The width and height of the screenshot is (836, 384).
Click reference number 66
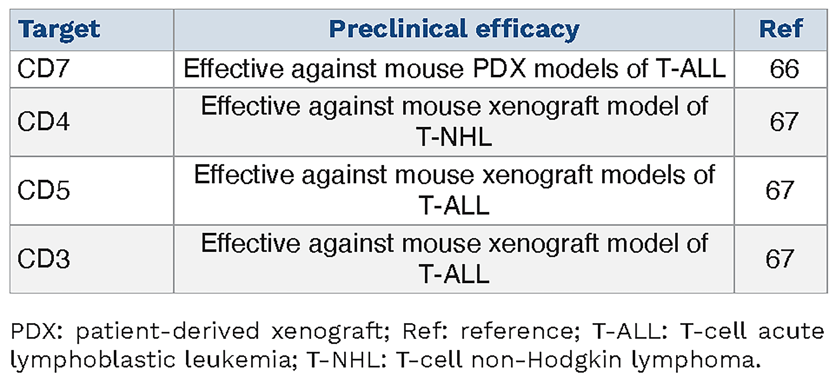pos(784,69)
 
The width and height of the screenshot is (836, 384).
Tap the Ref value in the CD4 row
pos(784,121)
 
